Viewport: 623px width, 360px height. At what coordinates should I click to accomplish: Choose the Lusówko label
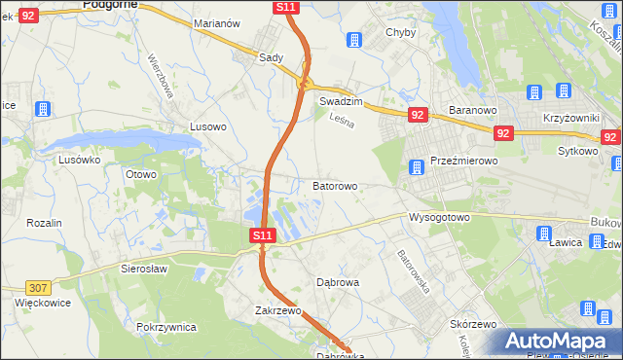pos(80,159)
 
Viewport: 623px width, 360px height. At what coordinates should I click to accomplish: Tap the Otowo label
pos(141,174)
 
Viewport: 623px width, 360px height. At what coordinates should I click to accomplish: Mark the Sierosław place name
pos(144,268)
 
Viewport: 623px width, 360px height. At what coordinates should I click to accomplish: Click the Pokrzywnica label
pos(167,327)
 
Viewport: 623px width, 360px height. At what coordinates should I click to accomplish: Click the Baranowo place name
pos(473,110)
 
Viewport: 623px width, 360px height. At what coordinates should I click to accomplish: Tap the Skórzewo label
pos(474,324)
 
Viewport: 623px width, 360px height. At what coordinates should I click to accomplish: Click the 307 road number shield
pos(38,287)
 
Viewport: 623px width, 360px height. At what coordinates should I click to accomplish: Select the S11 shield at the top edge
pos(285,7)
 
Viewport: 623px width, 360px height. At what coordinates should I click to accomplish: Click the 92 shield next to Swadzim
pos(418,115)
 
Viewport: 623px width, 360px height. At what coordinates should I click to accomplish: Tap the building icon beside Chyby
pos(353,40)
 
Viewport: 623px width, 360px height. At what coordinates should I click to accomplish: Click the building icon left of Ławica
pos(542,233)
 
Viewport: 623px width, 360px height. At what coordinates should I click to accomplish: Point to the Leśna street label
pos(340,122)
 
